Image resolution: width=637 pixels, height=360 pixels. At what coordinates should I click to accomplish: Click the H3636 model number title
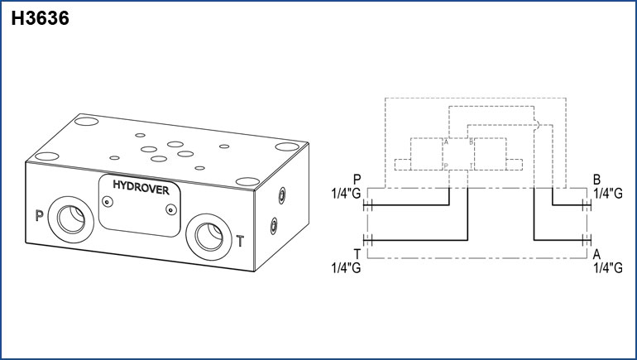pos(39,18)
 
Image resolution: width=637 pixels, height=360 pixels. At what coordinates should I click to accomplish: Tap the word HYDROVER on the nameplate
pos(141,189)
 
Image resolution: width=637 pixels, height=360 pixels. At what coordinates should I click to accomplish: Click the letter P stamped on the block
pos(39,217)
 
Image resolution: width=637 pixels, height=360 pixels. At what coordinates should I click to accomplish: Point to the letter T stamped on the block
pos(240,242)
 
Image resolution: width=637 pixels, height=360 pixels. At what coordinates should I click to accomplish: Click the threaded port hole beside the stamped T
pos(205,233)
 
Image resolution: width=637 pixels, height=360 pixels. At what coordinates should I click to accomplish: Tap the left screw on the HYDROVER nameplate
pos(108,200)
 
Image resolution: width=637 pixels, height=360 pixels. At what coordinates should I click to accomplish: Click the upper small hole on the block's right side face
pos(280,195)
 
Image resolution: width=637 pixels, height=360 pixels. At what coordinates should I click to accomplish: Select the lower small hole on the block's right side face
pos(274,223)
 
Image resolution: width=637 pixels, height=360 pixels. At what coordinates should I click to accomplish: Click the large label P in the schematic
pos(357,180)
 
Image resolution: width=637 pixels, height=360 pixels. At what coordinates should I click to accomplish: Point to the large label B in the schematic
pos(597,180)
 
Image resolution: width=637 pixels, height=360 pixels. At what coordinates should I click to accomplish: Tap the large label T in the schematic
pos(357,253)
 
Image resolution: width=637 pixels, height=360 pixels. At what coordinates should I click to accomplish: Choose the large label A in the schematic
pos(597,253)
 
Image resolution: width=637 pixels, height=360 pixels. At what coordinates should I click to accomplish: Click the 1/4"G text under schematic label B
pos(607,194)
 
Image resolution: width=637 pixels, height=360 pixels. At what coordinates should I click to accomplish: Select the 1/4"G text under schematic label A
pos(607,267)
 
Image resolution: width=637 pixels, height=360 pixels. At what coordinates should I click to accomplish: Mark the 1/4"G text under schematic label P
pos(346,194)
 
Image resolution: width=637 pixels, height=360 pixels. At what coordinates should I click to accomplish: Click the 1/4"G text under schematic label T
pos(346,267)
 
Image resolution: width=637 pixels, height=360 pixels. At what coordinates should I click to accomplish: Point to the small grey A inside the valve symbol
pos(446,142)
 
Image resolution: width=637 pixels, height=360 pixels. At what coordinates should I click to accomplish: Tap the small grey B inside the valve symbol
pos(472,142)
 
